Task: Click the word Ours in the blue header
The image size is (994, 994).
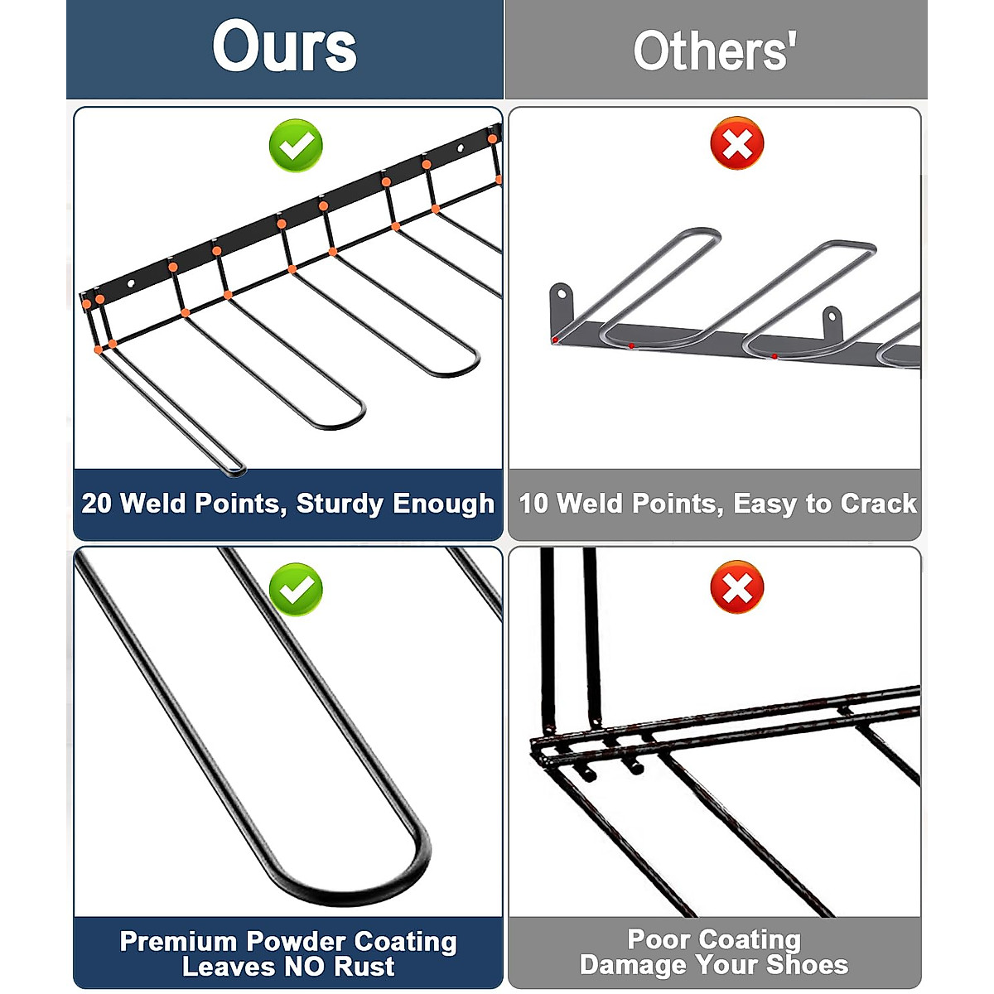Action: [x=284, y=47]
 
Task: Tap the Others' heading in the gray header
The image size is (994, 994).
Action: [x=714, y=51]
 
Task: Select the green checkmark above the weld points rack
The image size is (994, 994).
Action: [x=296, y=146]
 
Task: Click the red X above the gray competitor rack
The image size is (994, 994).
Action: [x=736, y=144]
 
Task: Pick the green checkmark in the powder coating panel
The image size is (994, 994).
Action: [x=296, y=589]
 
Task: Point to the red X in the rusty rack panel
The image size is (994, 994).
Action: [x=736, y=587]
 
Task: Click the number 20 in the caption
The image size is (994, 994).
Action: [x=96, y=503]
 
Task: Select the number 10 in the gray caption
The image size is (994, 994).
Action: [x=533, y=503]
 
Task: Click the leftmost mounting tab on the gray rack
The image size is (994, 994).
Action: [x=562, y=294]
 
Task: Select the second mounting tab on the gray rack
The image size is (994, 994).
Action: [x=832, y=316]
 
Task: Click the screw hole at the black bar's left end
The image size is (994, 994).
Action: [x=130, y=284]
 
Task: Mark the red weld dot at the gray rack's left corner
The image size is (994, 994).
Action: [x=555, y=340]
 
